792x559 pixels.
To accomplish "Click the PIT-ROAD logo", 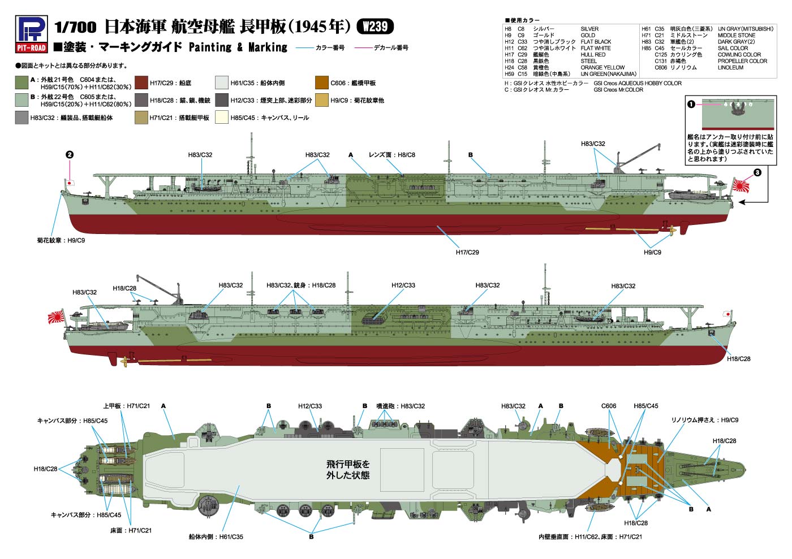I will [x=31, y=34].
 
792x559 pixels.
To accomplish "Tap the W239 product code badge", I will [x=375, y=27].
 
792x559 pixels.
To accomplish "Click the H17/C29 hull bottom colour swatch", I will [x=141, y=83].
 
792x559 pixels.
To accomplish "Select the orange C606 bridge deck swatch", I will [x=321, y=83].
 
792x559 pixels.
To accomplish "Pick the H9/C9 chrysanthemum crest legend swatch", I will [x=321, y=101].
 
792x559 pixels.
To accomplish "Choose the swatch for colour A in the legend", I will [x=21, y=83].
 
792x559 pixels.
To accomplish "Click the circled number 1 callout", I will [x=691, y=104].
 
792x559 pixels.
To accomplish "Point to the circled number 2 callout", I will [x=70, y=154].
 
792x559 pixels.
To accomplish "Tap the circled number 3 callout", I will [x=757, y=172].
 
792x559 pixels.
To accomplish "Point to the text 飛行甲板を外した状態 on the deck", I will [x=348, y=470].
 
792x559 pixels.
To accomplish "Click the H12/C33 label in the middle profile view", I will [x=403, y=285].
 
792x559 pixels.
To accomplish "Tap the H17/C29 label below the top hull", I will [x=467, y=252].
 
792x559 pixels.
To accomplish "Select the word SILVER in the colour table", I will [x=589, y=29].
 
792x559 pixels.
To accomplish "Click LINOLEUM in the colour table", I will [x=730, y=68].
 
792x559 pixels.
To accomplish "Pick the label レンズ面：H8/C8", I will [x=391, y=155].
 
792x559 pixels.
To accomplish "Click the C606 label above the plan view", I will [x=609, y=406].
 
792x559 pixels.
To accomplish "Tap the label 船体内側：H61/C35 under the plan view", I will [x=216, y=536].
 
